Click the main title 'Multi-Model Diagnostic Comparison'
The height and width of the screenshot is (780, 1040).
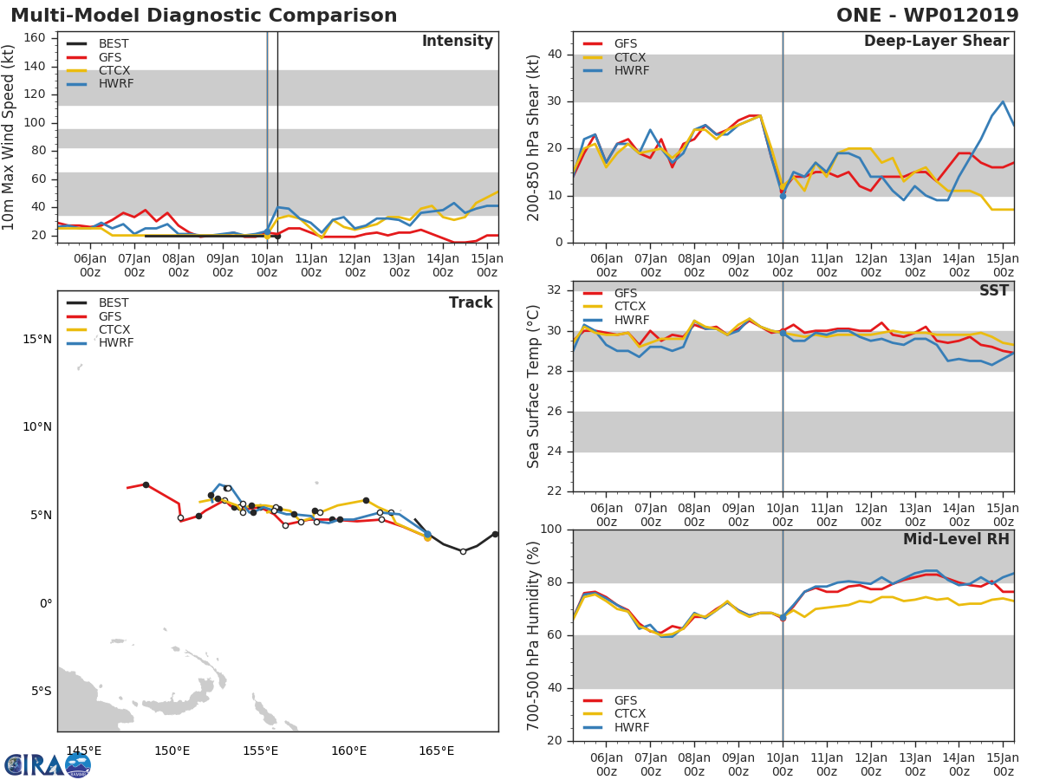(204, 16)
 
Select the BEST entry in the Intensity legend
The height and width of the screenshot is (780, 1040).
(114, 43)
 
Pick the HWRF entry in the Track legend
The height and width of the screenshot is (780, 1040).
(116, 343)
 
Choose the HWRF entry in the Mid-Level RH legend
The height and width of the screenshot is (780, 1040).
(631, 727)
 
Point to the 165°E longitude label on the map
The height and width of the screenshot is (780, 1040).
(436, 751)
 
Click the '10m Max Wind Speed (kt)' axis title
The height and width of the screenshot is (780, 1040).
(10, 139)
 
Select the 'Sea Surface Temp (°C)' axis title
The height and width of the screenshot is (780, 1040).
(534, 386)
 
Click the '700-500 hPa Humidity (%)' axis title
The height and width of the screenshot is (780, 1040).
(534, 635)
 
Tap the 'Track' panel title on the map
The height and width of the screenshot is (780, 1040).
(471, 302)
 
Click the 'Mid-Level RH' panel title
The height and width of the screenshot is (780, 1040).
(956, 539)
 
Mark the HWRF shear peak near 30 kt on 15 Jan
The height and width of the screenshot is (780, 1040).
(1003, 101)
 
